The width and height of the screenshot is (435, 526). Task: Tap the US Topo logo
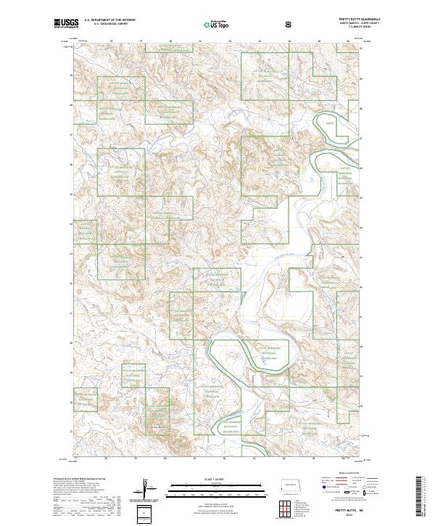pyautogui.click(x=217, y=25)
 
